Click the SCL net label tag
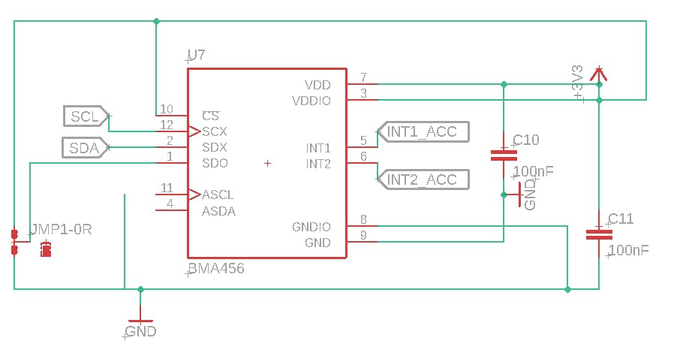(x=85, y=116)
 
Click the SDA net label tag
(x=84, y=148)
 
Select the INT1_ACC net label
(x=422, y=131)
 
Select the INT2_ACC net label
(x=422, y=179)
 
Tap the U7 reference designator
(x=196, y=55)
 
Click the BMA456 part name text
(x=216, y=268)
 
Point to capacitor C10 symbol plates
(x=504, y=155)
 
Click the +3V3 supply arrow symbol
(x=598, y=74)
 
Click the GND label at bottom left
(x=141, y=330)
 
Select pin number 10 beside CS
(x=167, y=110)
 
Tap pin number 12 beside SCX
(x=167, y=125)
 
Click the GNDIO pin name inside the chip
(x=311, y=227)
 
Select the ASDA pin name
(x=218, y=211)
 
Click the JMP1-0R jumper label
(x=60, y=229)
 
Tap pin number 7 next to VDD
(x=363, y=77)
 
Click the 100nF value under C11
(x=629, y=250)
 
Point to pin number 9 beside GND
(x=363, y=236)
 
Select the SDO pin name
(x=215, y=163)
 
